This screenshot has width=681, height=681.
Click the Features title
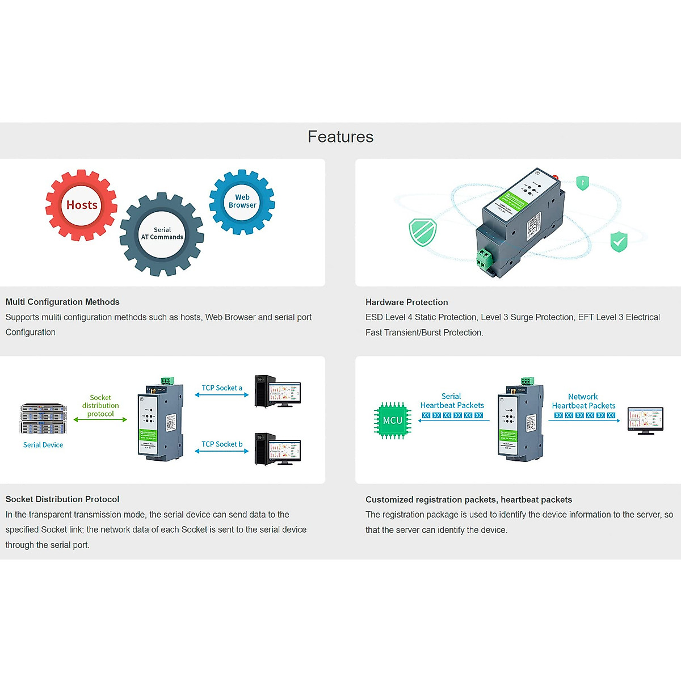pyautogui.click(x=340, y=137)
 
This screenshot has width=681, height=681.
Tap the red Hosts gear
pyautogui.click(x=82, y=205)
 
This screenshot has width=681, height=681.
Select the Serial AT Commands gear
pyautogui.click(x=162, y=234)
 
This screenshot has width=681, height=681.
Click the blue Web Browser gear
pyautogui.click(x=242, y=201)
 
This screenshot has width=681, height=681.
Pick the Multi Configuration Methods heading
pyautogui.click(x=62, y=302)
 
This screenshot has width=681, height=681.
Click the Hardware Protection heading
pyautogui.click(x=406, y=302)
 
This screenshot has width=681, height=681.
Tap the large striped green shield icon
pyautogui.click(x=423, y=232)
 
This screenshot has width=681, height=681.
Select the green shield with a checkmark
pyautogui.click(x=619, y=242)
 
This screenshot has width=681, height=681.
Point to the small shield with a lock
pyautogui.click(x=582, y=183)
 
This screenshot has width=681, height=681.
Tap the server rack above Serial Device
pyautogui.click(x=44, y=419)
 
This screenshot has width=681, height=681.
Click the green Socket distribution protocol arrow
pyautogui.click(x=100, y=420)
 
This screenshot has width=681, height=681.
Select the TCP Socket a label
pyautogui.click(x=222, y=388)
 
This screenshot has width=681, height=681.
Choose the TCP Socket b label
pyautogui.click(x=222, y=444)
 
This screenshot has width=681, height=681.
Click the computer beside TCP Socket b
pyautogui.click(x=278, y=449)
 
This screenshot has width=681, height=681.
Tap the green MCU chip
pyautogui.click(x=392, y=421)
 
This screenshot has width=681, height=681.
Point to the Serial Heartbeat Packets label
pyautogui.click(x=452, y=401)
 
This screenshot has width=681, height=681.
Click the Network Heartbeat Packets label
pyautogui.click(x=583, y=401)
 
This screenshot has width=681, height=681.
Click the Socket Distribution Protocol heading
pyautogui.click(x=62, y=499)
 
